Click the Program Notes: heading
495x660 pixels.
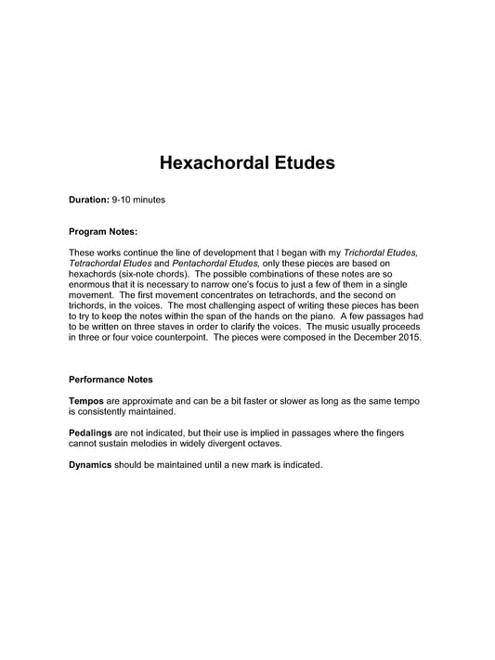(x=103, y=231)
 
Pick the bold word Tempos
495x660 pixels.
(x=87, y=400)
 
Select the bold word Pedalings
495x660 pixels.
(x=93, y=433)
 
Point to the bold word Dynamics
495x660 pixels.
(x=91, y=465)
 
